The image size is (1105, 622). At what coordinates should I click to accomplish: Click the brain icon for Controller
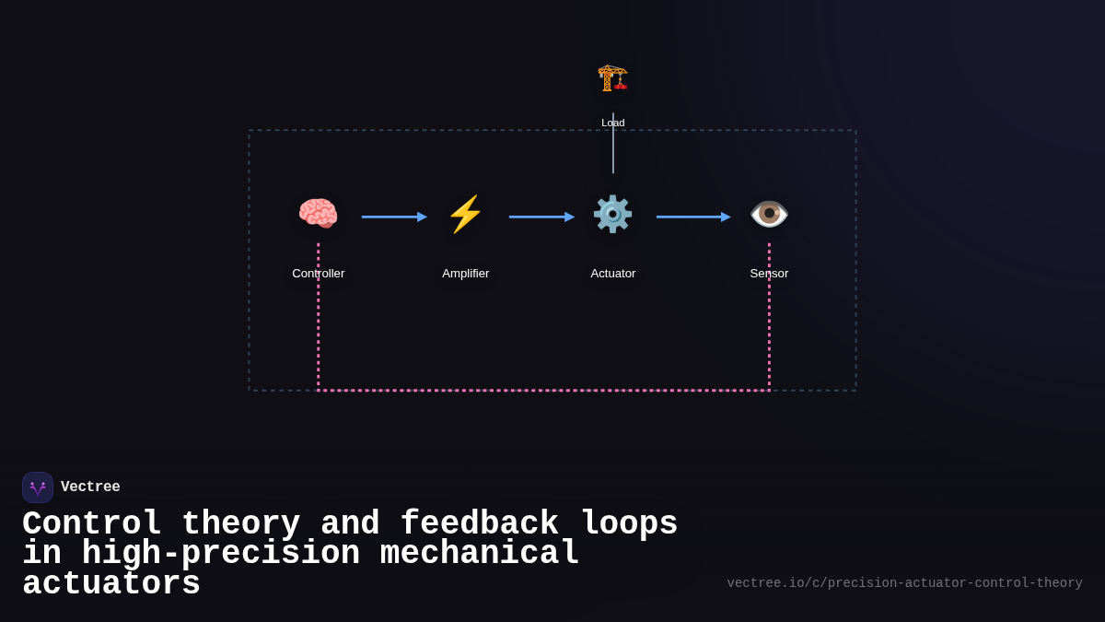coord(318,214)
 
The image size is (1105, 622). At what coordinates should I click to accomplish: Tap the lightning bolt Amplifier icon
coord(465,214)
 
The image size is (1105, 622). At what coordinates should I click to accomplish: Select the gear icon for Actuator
coord(612,214)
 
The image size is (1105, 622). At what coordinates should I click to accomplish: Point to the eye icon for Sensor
coord(769,214)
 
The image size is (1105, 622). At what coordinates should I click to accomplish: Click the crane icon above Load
coord(612,77)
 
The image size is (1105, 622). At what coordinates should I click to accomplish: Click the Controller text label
coord(318,274)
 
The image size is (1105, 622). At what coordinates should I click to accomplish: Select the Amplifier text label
coord(465,274)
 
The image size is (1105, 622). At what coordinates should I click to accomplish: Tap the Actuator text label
coord(612,274)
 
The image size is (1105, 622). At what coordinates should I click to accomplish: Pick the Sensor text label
coord(769,274)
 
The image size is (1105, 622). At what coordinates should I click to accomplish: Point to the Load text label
coord(612,123)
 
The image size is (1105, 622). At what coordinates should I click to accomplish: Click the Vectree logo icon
coord(38,487)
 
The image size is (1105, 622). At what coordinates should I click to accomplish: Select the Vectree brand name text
coord(90,487)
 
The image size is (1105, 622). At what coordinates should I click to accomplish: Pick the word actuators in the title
coord(111,584)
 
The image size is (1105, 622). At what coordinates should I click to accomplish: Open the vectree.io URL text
coord(904,583)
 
